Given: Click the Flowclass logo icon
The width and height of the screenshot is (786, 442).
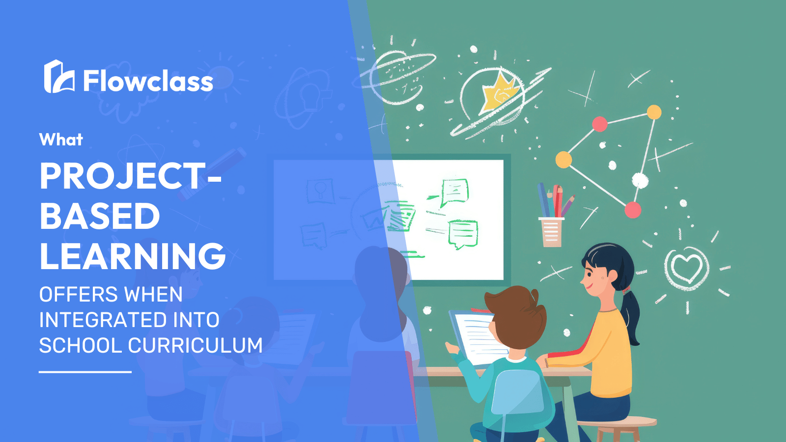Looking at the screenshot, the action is pos(59,77).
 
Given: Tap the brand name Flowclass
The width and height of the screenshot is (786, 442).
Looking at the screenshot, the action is pos(148,81).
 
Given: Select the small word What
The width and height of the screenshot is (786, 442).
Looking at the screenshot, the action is pos(61,139).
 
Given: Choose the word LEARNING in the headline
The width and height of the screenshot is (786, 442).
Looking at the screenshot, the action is pos(133,255).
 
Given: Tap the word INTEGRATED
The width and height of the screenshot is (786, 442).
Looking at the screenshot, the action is pos(103,320).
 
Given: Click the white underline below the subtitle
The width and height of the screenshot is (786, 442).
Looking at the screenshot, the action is pos(85,372).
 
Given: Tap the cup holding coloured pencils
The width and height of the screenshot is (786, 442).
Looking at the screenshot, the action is pos(551,232).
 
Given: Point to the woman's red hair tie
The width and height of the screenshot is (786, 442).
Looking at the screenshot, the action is pos(626,290).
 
